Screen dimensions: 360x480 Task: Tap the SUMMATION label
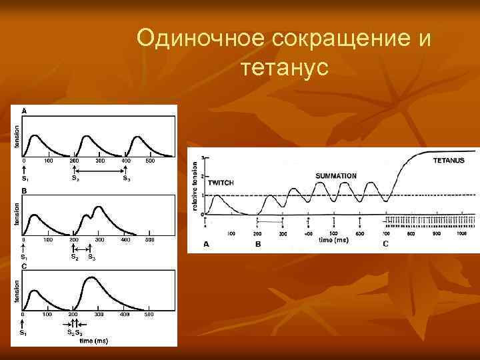[336, 176]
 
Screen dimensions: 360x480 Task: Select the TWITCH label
[220, 182]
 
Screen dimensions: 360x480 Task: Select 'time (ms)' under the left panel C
[93, 341]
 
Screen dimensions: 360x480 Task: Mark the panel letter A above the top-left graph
[25, 110]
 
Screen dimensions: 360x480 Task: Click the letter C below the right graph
[385, 245]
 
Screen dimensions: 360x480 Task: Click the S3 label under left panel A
[125, 178]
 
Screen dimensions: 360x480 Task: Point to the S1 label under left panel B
[24, 257]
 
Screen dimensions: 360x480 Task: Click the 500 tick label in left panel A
[150, 161]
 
